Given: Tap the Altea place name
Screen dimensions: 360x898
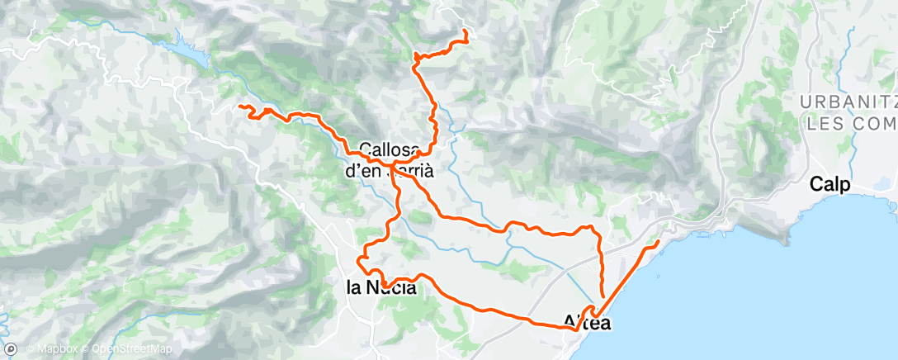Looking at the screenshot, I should point(587,323).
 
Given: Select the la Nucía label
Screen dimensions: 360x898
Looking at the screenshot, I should point(380,288).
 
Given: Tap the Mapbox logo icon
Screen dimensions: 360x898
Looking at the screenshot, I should point(11,349).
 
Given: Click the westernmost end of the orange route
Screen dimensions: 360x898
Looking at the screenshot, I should point(240,107).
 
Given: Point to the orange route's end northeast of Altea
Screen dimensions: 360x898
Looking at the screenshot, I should point(659,242).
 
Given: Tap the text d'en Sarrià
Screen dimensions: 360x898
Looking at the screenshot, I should point(388,171).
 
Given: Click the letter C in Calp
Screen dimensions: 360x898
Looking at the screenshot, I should point(817,184).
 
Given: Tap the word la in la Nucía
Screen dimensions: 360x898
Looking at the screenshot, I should point(353,288).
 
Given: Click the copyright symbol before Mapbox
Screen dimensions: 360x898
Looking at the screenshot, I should point(30,350).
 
